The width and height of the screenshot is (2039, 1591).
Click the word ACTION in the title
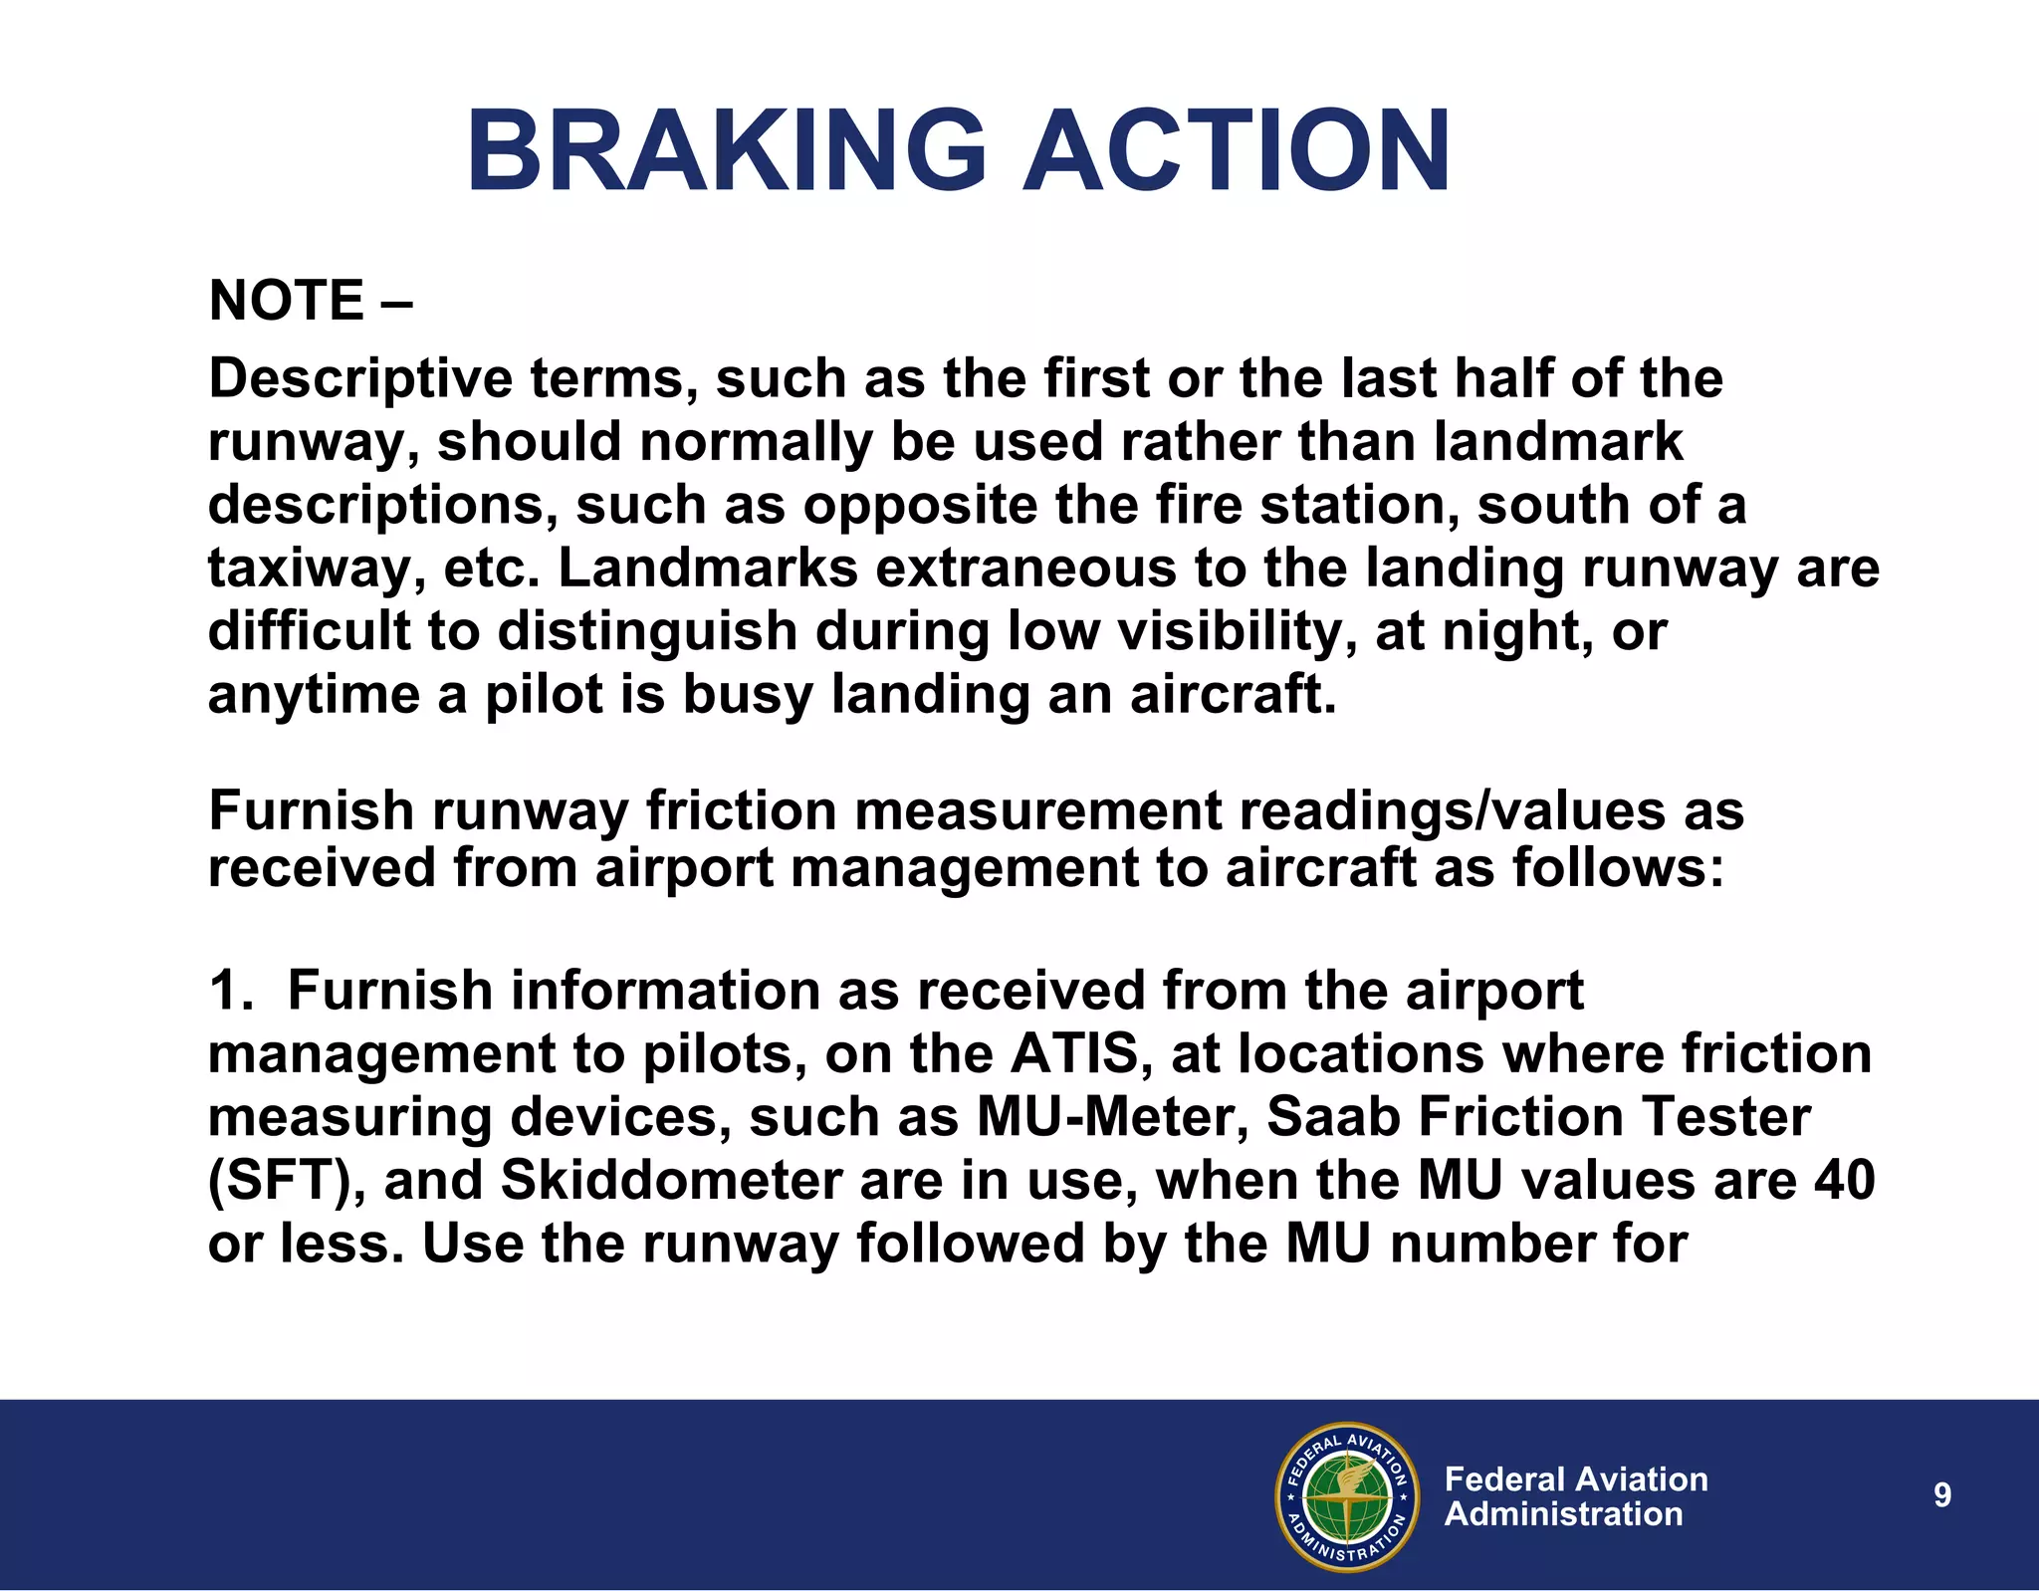coord(1237,151)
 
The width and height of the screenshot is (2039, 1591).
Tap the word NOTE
coord(287,301)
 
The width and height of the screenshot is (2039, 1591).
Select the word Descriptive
coord(359,380)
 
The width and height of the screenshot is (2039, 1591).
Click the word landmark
coord(1558,441)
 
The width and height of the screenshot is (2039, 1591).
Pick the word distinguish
coord(647,632)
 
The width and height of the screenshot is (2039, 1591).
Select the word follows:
coord(1618,867)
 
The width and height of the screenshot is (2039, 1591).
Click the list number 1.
coord(229,992)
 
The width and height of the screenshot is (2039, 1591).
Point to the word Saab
coord(1334,1117)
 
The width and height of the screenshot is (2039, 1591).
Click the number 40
coord(1844,1182)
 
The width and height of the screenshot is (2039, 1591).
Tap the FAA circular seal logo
coord(1346,1496)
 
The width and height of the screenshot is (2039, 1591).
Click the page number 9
coord(1942,1495)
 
